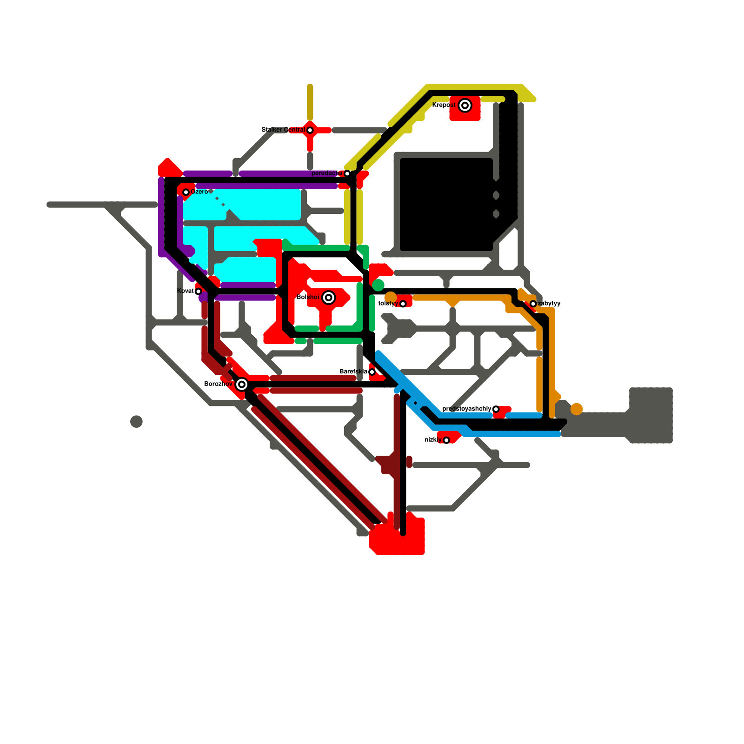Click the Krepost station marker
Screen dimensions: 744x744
pos(465,106)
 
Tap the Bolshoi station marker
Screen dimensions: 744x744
pos(329,298)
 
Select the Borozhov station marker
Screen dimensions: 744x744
pos(241,385)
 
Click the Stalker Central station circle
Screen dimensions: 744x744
pos(310,130)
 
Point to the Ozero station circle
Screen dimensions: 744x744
pos(186,192)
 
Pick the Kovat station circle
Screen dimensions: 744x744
pos(199,292)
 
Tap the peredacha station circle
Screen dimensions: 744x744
pos(347,173)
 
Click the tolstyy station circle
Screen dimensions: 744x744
pos(403,304)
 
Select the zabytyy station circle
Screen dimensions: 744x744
pos(533,304)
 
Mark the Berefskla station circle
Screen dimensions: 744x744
pos(372,372)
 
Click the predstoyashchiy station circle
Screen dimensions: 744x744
pos(496,409)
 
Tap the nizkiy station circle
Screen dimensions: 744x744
pos(446,440)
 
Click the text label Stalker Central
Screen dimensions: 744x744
pos(283,130)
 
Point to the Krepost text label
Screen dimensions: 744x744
pos(444,105)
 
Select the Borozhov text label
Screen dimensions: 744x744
pos(218,384)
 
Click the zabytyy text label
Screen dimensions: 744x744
pos(549,304)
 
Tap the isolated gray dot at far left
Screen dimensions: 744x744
pos(136,422)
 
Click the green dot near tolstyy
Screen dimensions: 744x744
pos(379,285)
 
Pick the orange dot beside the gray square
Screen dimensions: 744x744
pos(577,409)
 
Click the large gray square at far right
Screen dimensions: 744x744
pos(651,415)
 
